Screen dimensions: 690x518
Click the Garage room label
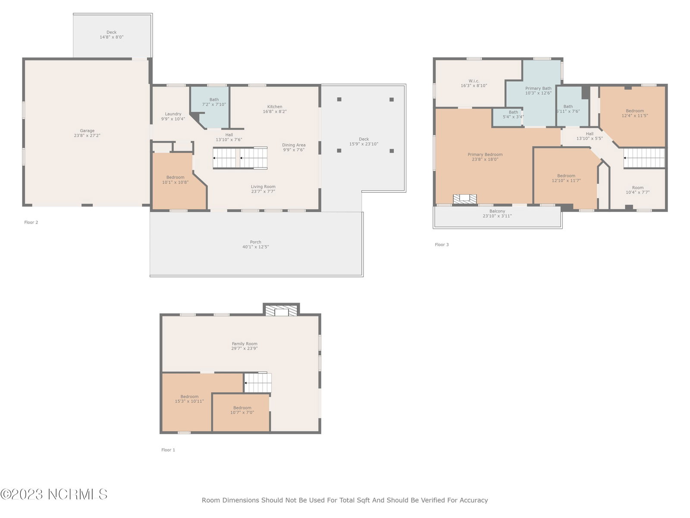(x=87, y=130)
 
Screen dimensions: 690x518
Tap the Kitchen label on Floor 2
(x=275, y=107)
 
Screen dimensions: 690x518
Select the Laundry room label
(x=173, y=114)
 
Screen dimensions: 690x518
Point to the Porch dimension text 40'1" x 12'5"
(x=256, y=247)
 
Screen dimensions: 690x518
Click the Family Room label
(x=245, y=344)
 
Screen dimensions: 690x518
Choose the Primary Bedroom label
(x=485, y=155)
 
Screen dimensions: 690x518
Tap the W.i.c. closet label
(x=474, y=81)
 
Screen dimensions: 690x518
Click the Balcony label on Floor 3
(x=497, y=211)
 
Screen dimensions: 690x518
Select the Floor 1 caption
(x=168, y=450)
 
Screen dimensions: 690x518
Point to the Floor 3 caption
(x=442, y=244)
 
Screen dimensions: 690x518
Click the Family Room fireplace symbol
(x=281, y=311)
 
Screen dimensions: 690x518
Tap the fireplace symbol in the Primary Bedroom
(x=464, y=199)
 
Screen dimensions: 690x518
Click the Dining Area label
(x=294, y=145)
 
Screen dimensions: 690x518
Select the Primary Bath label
(x=538, y=88)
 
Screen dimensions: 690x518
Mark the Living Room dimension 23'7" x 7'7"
(x=263, y=191)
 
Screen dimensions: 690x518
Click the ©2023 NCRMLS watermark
(x=54, y=494)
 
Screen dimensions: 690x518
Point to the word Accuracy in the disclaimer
(x=474, y=500)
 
